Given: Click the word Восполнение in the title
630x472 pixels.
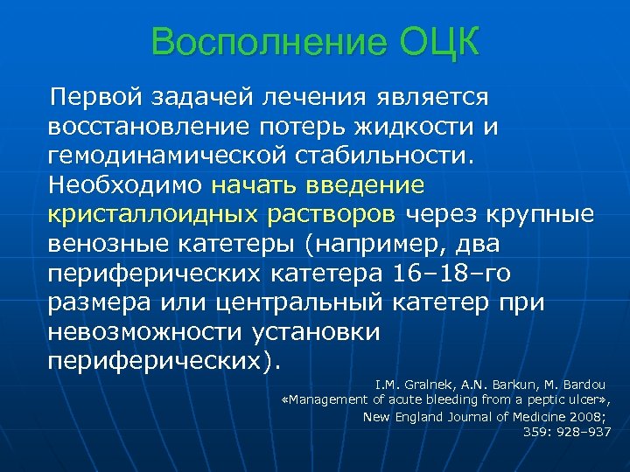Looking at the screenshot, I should tap(252, 43).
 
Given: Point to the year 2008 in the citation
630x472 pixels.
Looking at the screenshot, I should tap(587, 416).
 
